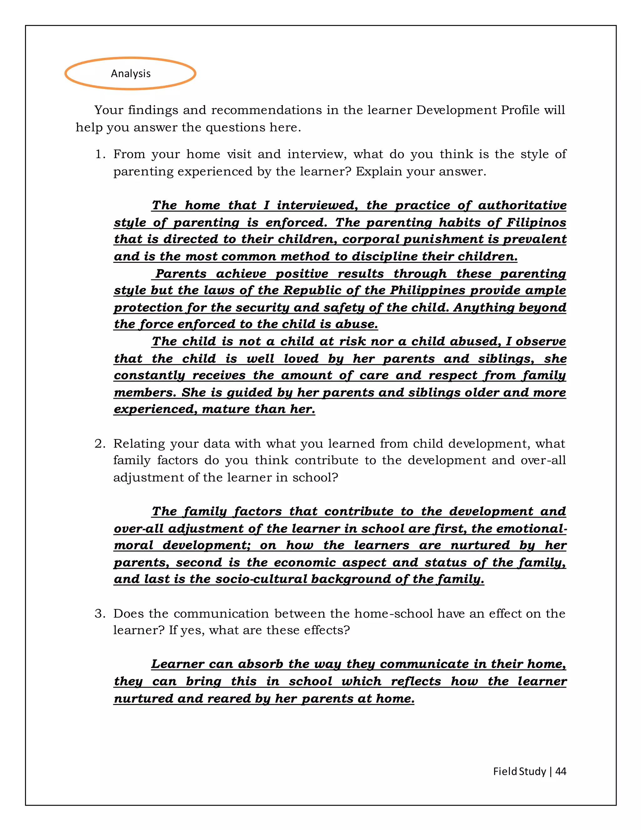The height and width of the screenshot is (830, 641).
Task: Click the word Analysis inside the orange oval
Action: point(131,74)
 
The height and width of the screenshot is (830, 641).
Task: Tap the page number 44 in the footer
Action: point(561,771)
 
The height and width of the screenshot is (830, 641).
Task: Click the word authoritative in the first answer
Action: point(522,205)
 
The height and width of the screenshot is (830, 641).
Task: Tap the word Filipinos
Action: point(536,223)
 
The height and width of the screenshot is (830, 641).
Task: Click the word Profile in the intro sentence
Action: point(520,110)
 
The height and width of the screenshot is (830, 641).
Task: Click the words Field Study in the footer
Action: point(519,771)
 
